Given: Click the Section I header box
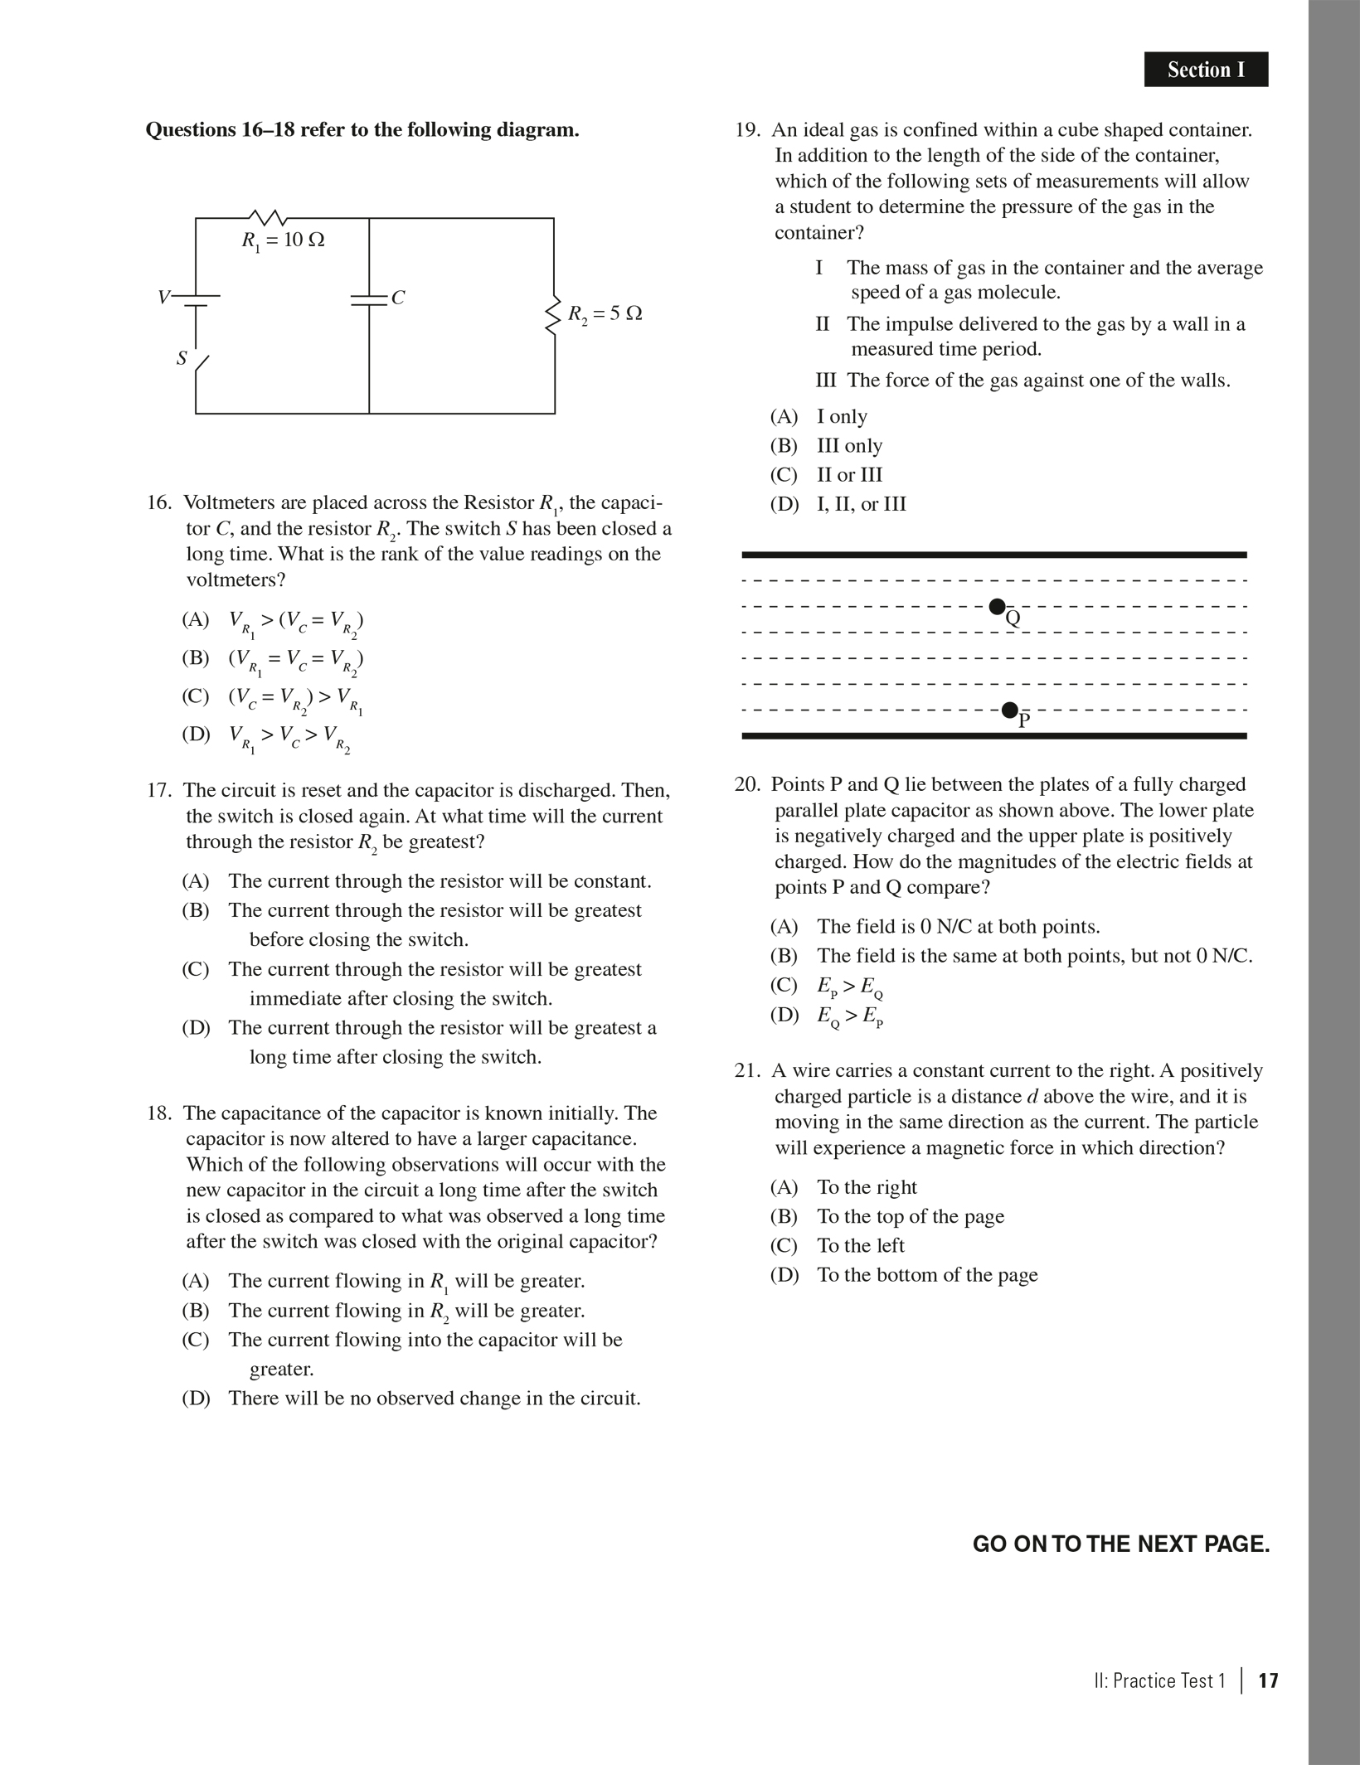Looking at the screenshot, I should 1206,70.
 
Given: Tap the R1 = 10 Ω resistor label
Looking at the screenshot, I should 283,240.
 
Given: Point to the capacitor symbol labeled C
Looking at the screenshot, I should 370,299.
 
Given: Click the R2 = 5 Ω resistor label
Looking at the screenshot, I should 605,314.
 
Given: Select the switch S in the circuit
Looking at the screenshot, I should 199,362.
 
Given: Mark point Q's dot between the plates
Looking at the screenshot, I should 998,607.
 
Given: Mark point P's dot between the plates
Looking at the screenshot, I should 1009,710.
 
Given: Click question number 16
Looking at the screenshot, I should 158,503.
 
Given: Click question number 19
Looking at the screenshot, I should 747,130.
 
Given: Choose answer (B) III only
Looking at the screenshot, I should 849,446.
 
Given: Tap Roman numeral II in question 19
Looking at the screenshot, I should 822,324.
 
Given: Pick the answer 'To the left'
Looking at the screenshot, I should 860,1246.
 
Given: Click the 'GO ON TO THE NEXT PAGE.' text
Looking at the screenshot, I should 1120,1544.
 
